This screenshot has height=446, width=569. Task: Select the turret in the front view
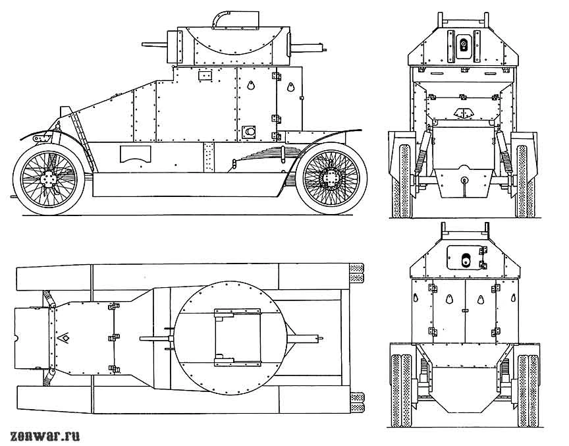tap(462, 47)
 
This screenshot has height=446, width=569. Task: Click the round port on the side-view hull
tap(250, 132)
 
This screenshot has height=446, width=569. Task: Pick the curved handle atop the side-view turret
tap(221, 18)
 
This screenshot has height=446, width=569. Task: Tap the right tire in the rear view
tap(528, 389)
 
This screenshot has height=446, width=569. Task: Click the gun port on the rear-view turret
tap(465, 259)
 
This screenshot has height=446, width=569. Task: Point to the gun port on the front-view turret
tap(463, 44)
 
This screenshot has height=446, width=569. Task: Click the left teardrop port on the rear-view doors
tap(448, 298)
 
